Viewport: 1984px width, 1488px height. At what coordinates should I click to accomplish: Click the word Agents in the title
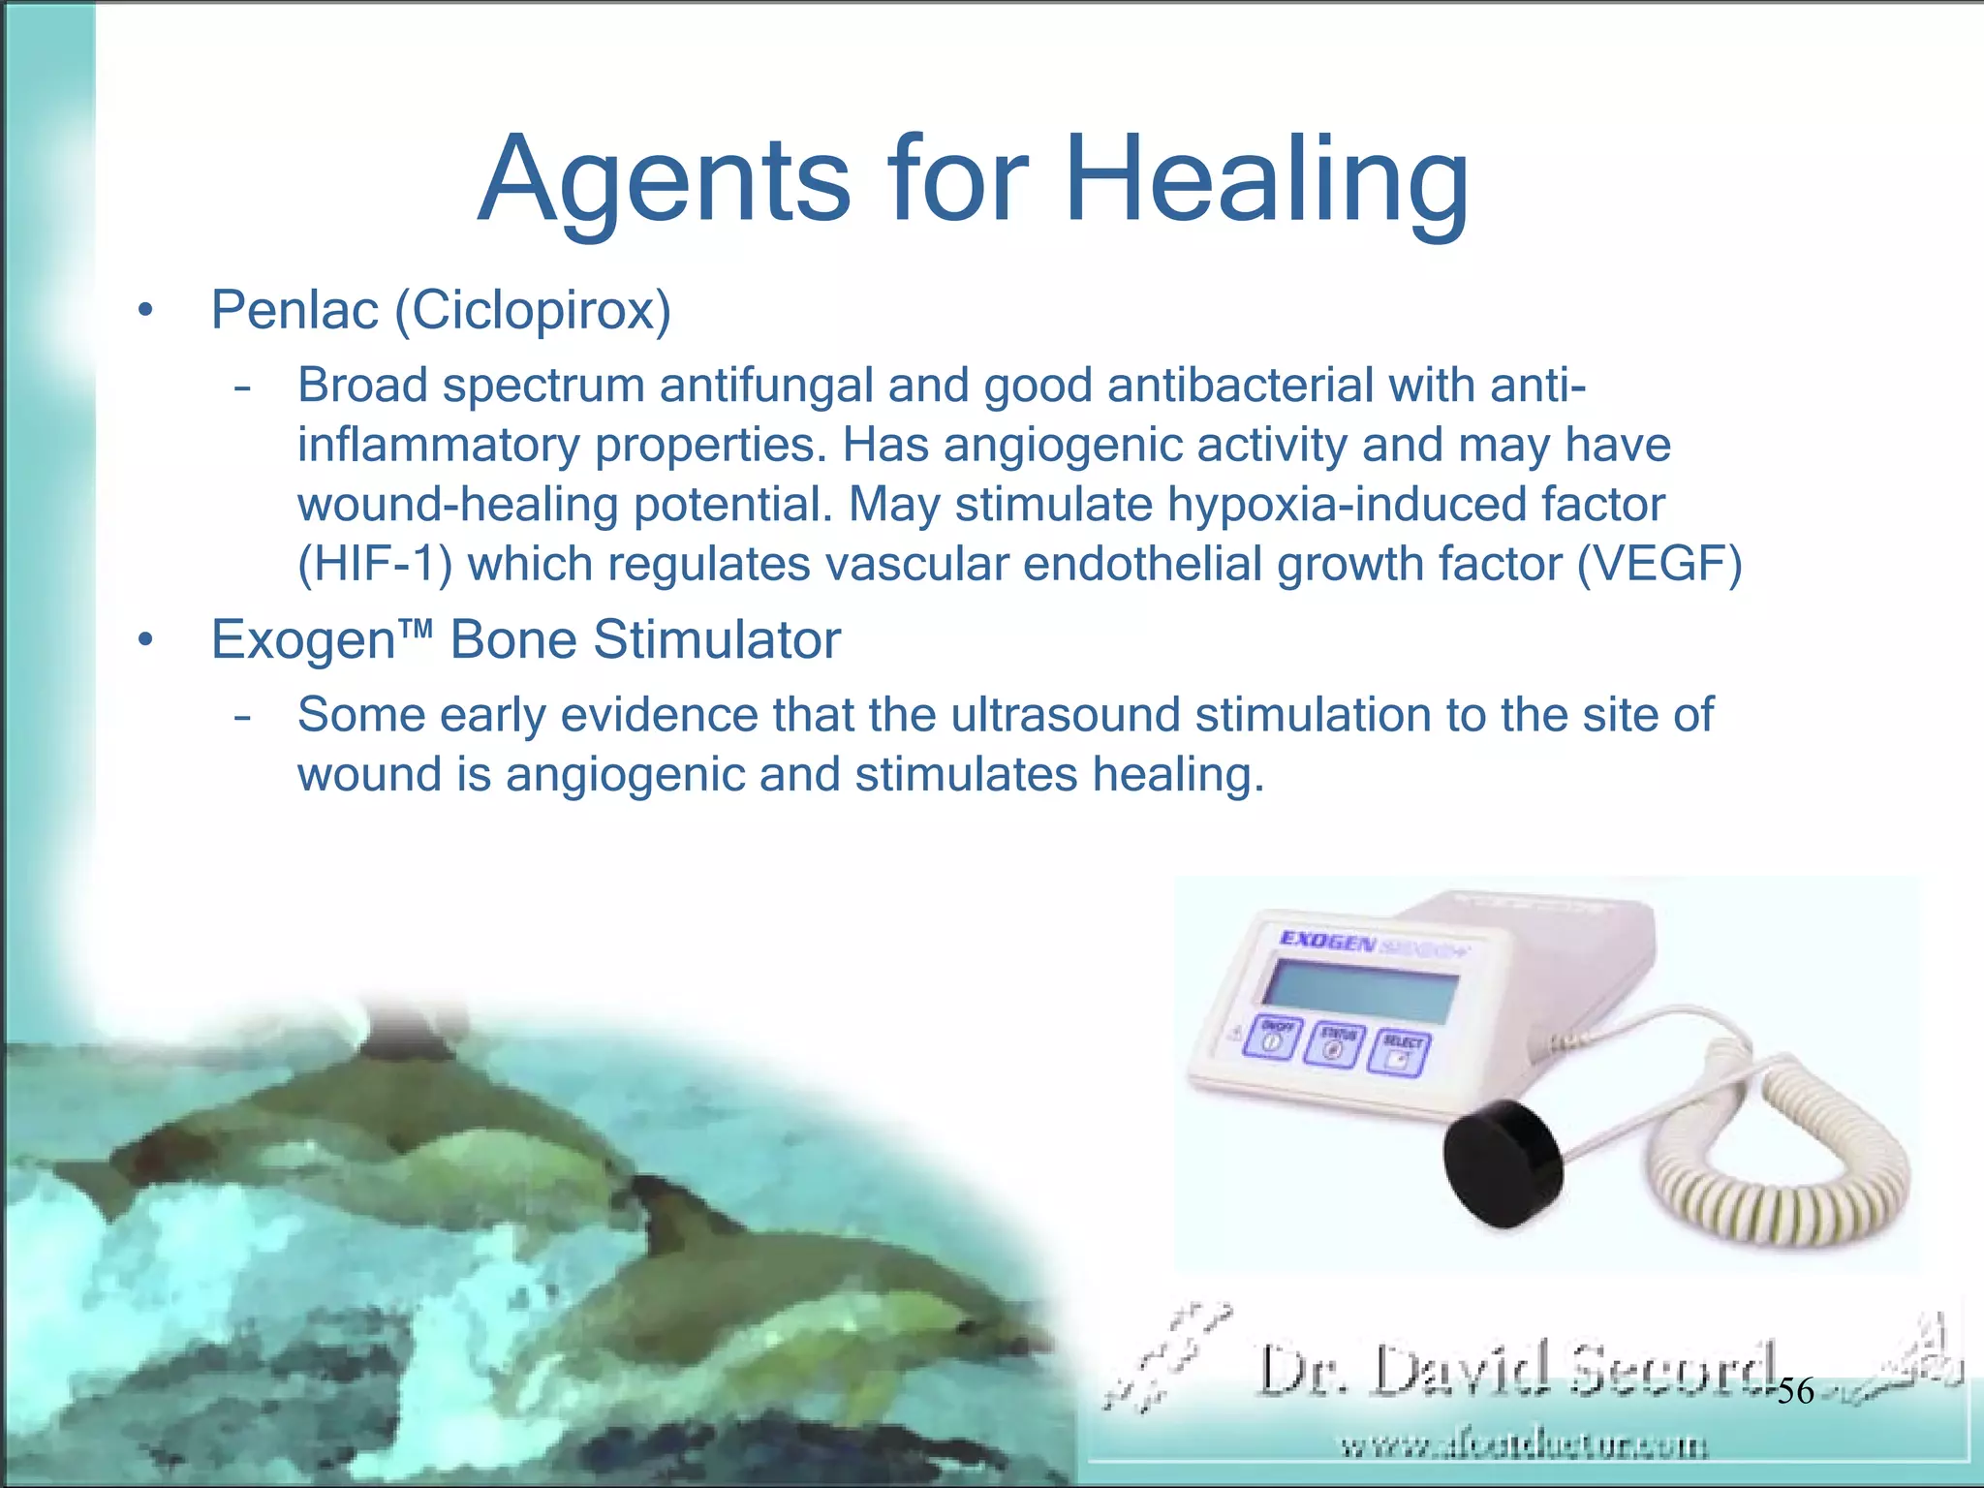point(665,184)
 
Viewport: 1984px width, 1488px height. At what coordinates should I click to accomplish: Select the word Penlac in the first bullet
point(295,310)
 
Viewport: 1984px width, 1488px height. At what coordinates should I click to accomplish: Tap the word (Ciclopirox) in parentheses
point(533,312)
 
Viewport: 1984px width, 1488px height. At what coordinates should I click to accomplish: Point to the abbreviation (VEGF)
point(1659,564)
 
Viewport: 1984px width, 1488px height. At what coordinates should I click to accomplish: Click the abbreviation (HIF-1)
point(375,564)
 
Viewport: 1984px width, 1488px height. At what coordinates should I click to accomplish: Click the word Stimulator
point(717,640)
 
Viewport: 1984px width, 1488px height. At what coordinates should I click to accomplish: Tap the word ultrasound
point(1065,715)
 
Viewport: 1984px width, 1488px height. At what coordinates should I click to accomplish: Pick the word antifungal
point(766,386)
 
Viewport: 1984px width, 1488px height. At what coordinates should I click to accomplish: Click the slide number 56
point(1795,1391)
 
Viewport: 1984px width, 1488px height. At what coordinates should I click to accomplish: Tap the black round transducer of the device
point(1503,1162)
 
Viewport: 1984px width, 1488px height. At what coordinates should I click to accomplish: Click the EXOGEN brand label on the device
point(1327,940)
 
